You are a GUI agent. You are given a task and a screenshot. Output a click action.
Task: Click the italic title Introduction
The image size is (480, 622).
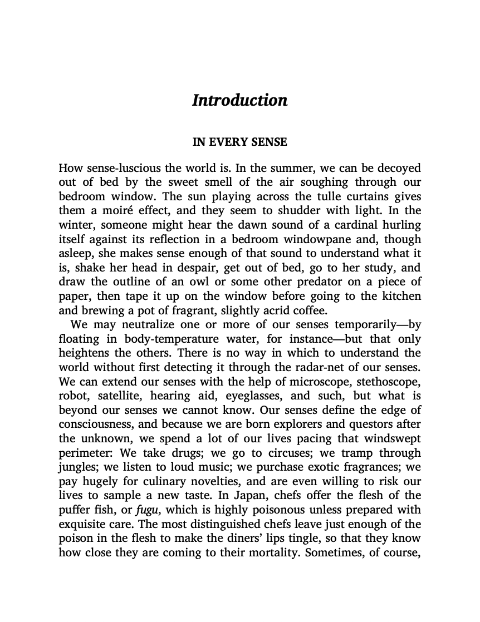click(239, 100)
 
